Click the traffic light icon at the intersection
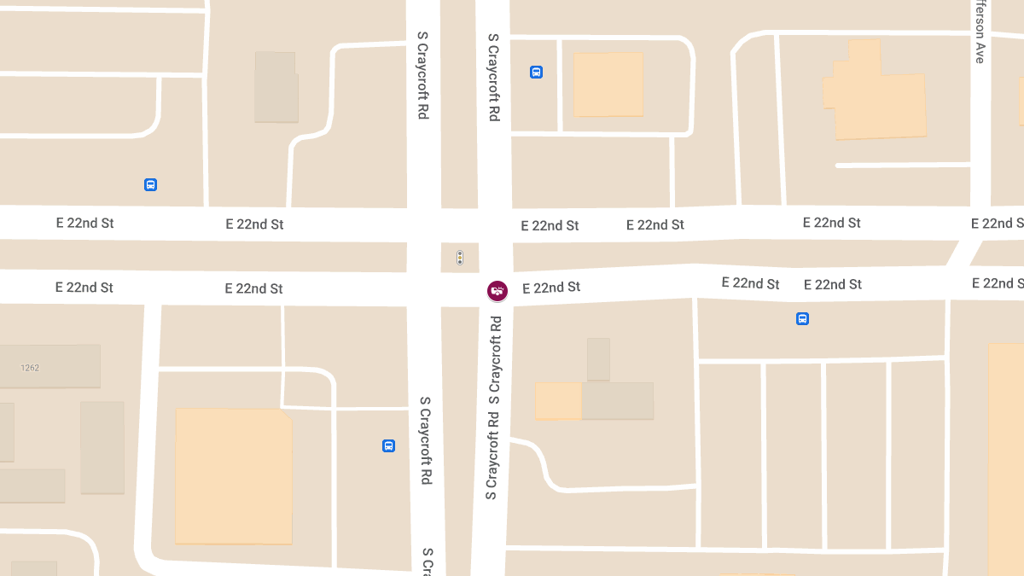(x=460, y=257)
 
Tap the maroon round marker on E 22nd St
(x=497, y=291)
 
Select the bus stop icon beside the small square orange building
(x=536, y=73)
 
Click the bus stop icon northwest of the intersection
(x=150, y=184)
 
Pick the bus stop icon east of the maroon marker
(x=802, y=319)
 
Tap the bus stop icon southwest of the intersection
(x=388, y=445)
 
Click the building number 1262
(x=31, y=368)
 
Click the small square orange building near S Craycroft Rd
(x=608, y=84)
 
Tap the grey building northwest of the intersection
(x=276, y=87)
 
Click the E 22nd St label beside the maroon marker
(x=551, y=288)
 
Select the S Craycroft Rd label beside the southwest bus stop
(x=425, y=441)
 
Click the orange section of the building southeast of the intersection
(x=558, y=401)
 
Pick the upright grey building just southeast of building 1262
(x=102, y=447)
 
